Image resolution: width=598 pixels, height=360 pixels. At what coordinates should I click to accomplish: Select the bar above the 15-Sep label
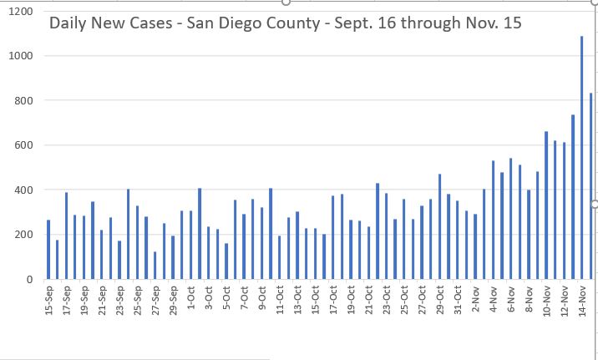48,249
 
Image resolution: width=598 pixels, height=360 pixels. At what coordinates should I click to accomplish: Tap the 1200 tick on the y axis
23,12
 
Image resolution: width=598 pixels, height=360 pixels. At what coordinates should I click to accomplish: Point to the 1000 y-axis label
23,56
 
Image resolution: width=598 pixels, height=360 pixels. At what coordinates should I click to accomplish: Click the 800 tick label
25,100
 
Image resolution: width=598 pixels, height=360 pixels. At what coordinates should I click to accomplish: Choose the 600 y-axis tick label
25,145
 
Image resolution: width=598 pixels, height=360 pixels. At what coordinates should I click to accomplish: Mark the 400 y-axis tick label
25,190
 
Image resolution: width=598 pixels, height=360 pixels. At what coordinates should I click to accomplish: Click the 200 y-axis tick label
25,235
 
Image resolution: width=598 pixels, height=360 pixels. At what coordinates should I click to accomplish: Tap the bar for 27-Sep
155,265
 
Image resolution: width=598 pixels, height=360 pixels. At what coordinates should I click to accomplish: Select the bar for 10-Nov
546,205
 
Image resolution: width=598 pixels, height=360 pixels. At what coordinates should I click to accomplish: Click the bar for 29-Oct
439,226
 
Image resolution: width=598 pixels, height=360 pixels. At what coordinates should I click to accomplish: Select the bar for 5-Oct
226,261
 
